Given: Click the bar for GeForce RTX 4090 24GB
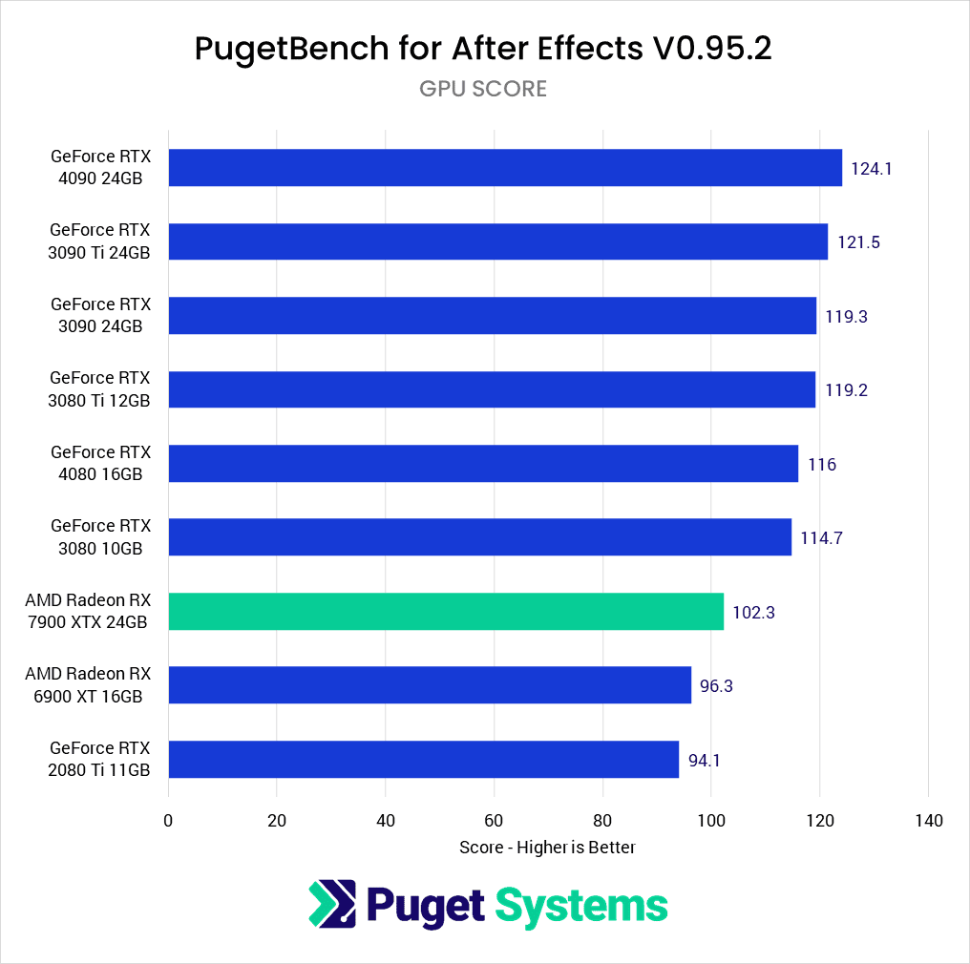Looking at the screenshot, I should (505, 168).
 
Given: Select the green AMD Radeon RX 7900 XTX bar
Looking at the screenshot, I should (446, 612).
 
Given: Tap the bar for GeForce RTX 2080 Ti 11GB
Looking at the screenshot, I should (423, 760).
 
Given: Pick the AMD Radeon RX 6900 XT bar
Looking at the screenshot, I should (430, 685).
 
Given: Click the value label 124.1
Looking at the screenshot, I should (871, 168).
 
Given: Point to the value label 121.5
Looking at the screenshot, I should (858, 242).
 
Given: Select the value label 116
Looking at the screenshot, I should (821, 465).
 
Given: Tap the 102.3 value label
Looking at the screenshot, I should (753, 613).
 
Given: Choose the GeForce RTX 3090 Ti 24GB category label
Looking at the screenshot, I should (100, 241).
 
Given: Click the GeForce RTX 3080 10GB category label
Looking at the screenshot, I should (100, 537).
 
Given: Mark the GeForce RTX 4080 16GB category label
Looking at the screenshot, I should (100, 463).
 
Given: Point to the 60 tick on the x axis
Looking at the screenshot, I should (494, 821).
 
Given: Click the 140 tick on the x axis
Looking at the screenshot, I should (928, 821).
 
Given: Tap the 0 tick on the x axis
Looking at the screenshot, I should (168, 821).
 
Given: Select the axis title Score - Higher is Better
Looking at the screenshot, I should (547, 848).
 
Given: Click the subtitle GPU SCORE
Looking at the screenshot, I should (483, 89).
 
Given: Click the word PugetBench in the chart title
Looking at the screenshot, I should (282, 49).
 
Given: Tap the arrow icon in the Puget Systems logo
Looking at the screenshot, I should (331, 904).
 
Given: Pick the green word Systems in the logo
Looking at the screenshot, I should (581, 905).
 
